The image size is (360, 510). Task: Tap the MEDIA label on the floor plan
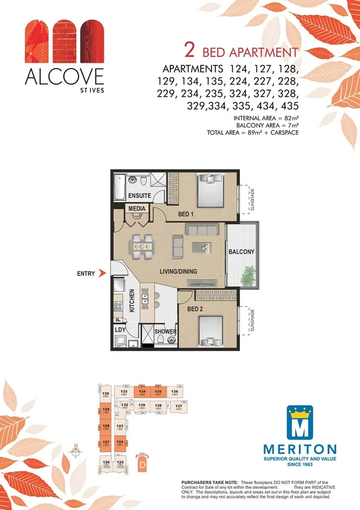tap(135, 209)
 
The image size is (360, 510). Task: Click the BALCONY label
tap(241, 251)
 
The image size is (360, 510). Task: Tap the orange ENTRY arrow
tap(103, 273)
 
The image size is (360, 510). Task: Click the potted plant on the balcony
tap(247, 275)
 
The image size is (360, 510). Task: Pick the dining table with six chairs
tap(142, 244)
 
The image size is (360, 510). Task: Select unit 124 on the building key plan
tap(120, 443)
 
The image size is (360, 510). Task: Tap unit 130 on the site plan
tap(106, 395)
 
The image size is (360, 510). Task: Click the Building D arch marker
tap(142, 462)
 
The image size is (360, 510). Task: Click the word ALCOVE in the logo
tap(64, 77)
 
